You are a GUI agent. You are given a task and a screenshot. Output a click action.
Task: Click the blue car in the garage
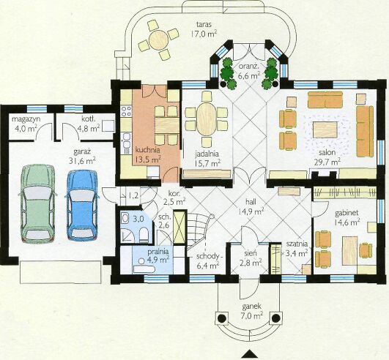click(82, 206)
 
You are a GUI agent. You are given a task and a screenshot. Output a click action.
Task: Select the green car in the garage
click(37, 204)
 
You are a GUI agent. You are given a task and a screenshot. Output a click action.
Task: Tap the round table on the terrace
click(158, 40)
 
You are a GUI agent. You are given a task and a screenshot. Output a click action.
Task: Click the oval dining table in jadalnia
click(207, 119)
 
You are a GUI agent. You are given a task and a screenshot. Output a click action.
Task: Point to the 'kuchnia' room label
click(147, 150)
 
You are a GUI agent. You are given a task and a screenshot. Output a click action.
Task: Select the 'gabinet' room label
click(344, 213)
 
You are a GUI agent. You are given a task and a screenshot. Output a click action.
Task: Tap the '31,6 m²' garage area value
click(82, 161)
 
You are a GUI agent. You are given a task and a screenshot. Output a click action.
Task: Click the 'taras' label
click(204, 24)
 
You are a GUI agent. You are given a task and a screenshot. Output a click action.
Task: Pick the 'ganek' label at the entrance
click(251, 307)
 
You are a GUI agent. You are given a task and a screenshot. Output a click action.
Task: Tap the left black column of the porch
click(222, 318)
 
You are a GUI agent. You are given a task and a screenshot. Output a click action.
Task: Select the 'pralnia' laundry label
click(158, 252)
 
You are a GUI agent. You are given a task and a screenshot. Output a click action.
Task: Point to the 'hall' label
click(251, 202)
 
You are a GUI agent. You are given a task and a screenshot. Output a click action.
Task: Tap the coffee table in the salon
click(325, 130)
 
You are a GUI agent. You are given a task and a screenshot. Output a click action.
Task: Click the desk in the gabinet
click(349, 250)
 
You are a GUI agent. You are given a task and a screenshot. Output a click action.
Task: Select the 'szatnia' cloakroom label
click(297, 244)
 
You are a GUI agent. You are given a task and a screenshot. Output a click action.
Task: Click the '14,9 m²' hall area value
click(251, 211)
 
